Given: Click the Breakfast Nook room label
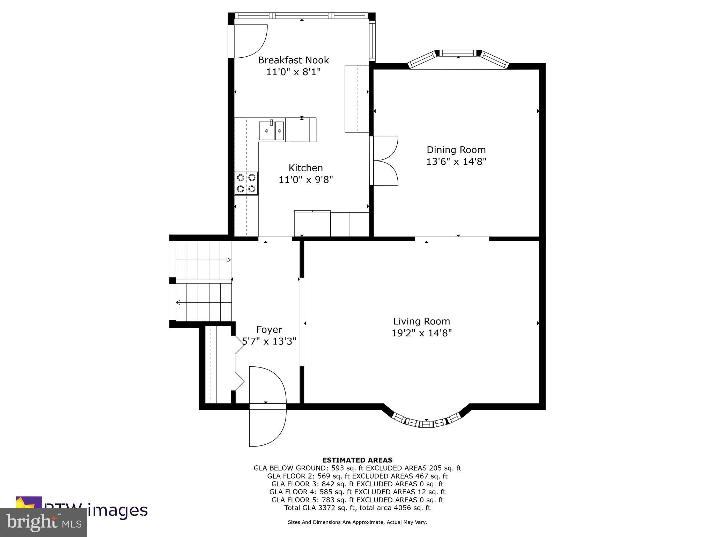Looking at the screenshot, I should pyautogui.click(x=293, y=60).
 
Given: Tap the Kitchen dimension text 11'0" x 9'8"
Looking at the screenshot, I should pyautogui.click(x=305, y=180).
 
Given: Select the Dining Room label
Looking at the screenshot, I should pyautogui.click(x=456, y=150).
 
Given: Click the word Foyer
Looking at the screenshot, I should pyautogui.click(x=269, y=330).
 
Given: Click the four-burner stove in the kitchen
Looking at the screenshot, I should pyautogui.click(x=246, y=183).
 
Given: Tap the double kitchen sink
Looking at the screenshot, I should pyautogui.click(x=272, y=131).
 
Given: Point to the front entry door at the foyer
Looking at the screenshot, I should pyautogui.click(x=267, y=407).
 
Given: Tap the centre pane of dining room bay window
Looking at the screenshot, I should pyautogui.click(x=458, y=53).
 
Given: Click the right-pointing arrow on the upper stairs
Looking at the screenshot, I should pyautogui.click(x=228, y=260).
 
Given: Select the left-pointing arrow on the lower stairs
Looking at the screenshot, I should pyautogui.click(x=178, y=302).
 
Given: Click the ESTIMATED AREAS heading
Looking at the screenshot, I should pyautogui.click(x=357, y=460).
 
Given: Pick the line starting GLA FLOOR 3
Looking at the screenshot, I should pyautogui.click(x=357, y=484).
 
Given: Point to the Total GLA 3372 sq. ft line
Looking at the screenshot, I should pyautogui.click(x=357, y=508).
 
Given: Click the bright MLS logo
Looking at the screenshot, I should pyautogui.click(x=44, y=522).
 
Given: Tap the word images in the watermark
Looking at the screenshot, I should pyautogui.click(x=117, y=510).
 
